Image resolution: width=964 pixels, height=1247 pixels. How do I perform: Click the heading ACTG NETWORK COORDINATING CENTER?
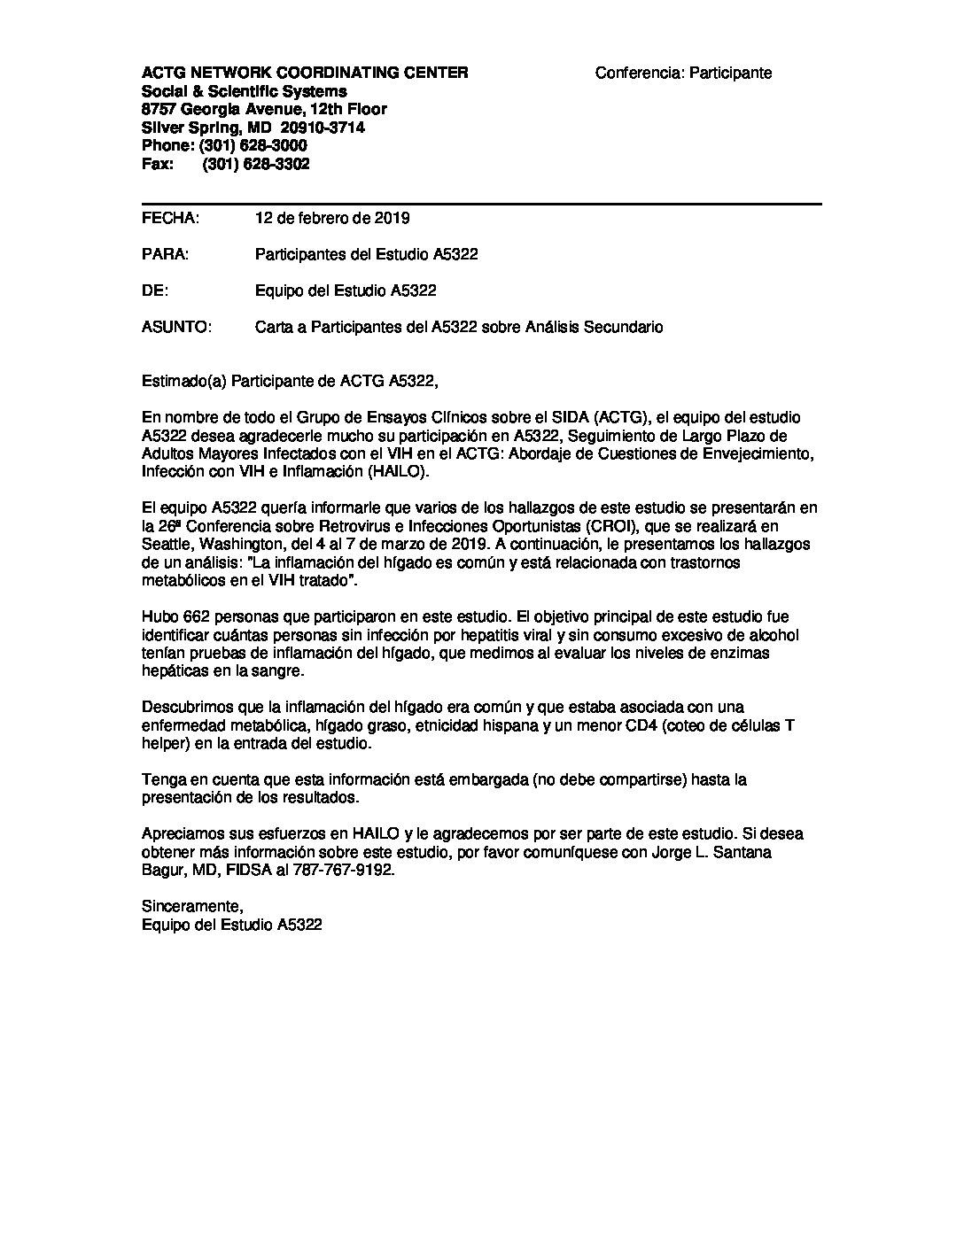pyautogui.click(x=306, y=73)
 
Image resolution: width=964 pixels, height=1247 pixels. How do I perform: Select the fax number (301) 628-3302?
pyautogui.click(x=256, y=165)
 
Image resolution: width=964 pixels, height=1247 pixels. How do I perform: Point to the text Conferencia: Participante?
pyautogui.click(x=683, y=73)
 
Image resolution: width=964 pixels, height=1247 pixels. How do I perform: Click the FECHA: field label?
pyautogui.click(x=170, y=218)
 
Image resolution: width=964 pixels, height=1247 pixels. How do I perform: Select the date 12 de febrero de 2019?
pyautogui.click(x=332, y=218)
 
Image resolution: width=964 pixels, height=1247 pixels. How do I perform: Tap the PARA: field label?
pyautogui.click(x=165, y=254)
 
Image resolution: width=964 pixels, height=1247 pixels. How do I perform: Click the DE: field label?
pyautogui.click(x=154, y=290)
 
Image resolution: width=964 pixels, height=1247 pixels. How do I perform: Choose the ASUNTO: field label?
pyautogui.click(x=176, y=327)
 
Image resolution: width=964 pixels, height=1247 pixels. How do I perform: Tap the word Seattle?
pyautogui.click(x=167, y=544)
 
